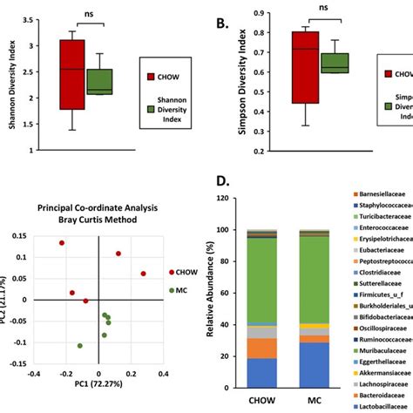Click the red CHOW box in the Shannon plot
pyautogui.click(x=72, y=74)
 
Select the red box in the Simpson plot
pyautogui.click(x=304, y=68)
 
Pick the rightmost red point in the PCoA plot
pyautogui.click(x=144, y=274)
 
